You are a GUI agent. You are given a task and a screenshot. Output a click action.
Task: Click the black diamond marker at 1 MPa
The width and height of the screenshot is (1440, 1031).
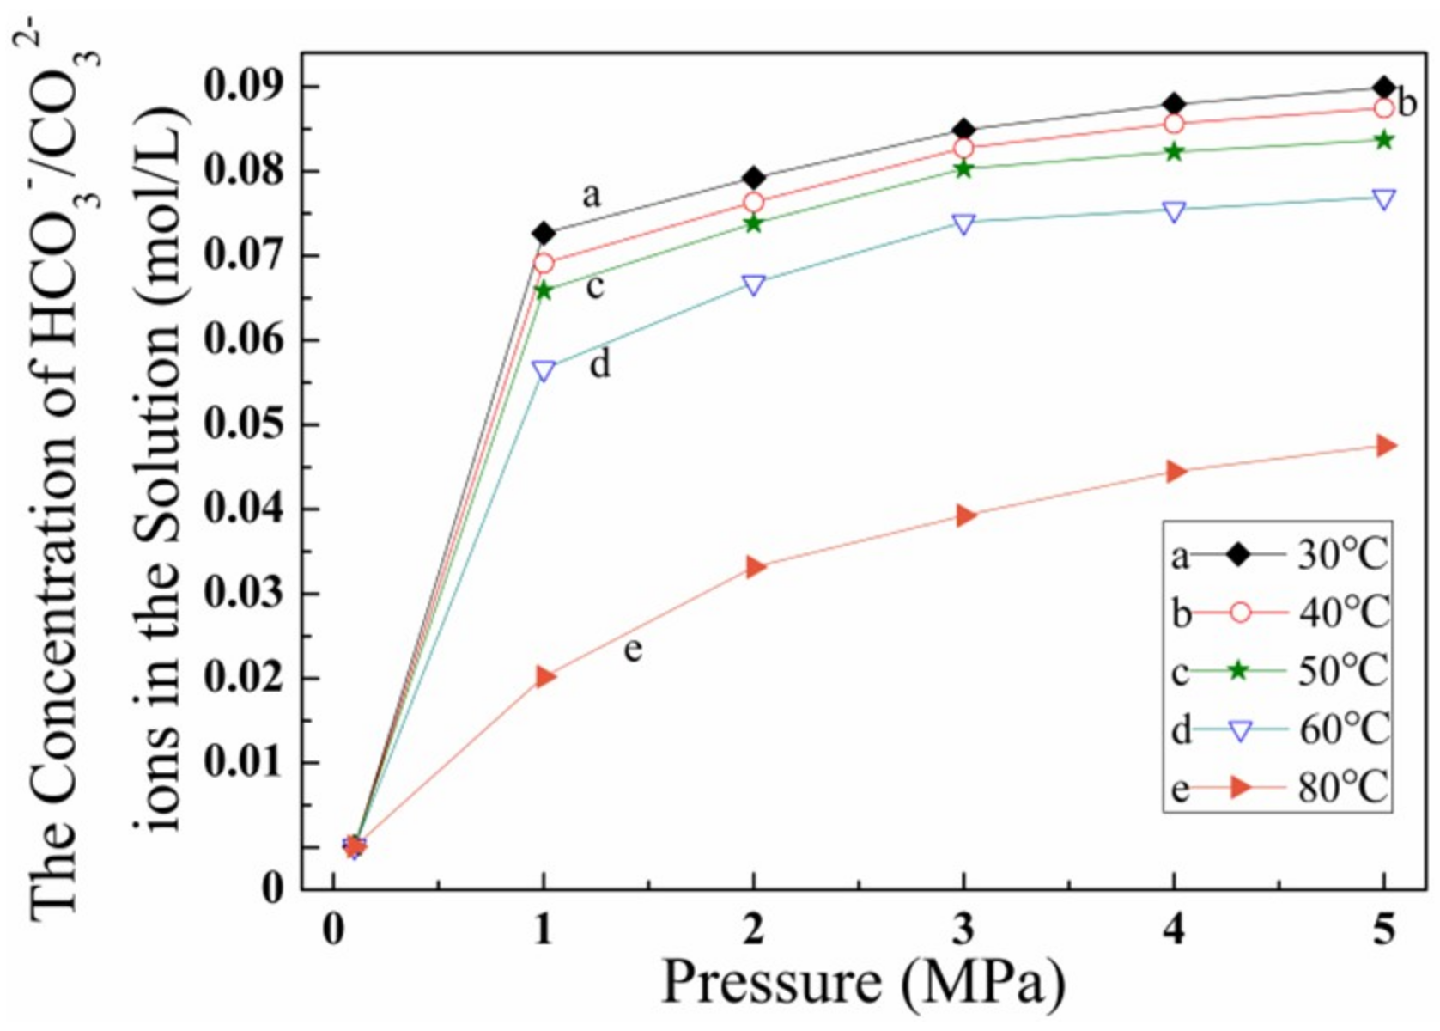tap(543, 233)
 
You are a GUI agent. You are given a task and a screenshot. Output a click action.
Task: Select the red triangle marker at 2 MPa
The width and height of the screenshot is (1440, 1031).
tap(755, 567)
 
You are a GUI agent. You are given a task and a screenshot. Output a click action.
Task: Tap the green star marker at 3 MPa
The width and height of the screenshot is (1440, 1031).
tap(963, 168)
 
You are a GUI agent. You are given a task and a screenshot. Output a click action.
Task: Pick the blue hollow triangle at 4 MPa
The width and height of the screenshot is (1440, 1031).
tap(1175, 211)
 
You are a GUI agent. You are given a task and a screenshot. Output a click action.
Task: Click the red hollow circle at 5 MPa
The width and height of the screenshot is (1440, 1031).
tap(1383, 108)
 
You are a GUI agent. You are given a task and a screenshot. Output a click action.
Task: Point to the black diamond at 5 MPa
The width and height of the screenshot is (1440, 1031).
tap(1383, 88)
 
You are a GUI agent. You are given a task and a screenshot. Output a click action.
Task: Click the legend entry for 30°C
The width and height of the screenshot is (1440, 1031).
tap(1342, 556)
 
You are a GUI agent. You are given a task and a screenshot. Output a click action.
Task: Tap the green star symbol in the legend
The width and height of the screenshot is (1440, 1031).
tap(1239, 671)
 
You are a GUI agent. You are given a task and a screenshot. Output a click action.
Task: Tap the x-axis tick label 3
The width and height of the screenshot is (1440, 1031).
tap(963, 930)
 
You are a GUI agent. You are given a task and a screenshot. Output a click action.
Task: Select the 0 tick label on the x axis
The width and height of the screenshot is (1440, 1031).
tap(333, 930)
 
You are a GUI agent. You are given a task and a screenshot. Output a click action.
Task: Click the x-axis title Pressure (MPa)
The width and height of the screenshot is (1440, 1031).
tap(862, 982)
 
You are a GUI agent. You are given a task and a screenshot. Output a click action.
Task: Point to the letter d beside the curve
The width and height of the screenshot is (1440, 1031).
tap(599, 364)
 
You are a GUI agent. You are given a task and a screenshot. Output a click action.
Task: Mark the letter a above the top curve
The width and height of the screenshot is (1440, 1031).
tap(591, 196)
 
